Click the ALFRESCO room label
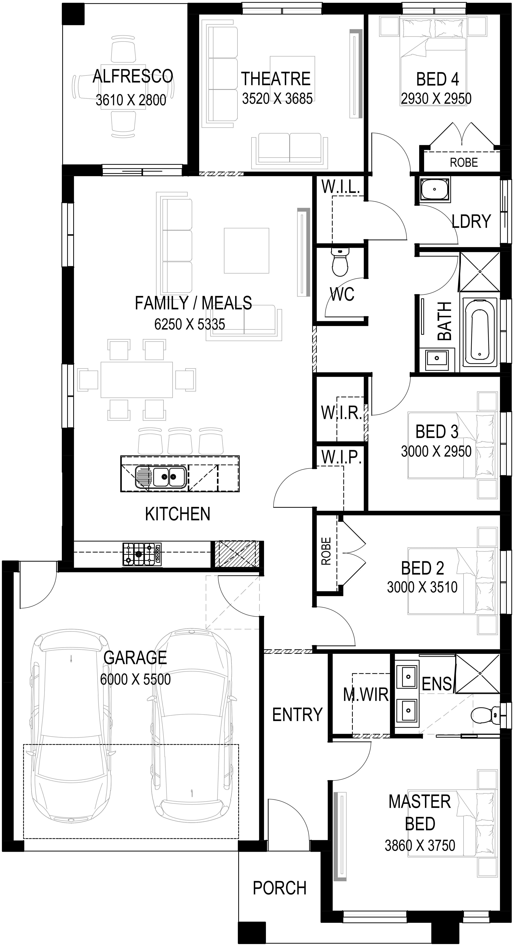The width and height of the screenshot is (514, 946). [x=133, y=76]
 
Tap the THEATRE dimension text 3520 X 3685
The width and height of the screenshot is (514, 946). [x=277, y=98]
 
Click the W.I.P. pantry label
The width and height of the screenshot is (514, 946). [x=341, y=457]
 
